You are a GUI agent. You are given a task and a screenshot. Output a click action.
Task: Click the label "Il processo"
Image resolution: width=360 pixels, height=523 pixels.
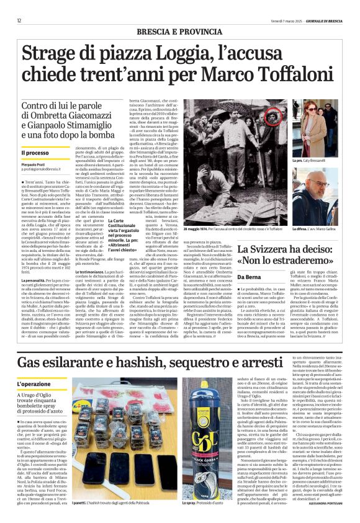click(x=35, y=153)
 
